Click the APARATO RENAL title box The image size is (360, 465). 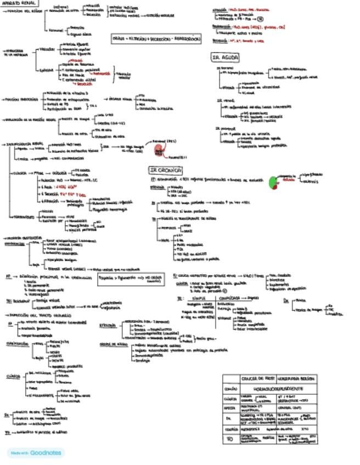tap(16, 3)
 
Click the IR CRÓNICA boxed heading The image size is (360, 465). tap(165, 171)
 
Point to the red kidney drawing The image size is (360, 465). tap(160, 150)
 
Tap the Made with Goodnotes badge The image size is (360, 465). tap(36, 453)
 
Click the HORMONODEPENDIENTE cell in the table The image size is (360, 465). tap(275, 388)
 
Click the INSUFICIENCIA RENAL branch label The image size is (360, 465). tap(24, 144)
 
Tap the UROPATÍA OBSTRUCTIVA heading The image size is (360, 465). tap(22, 237)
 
